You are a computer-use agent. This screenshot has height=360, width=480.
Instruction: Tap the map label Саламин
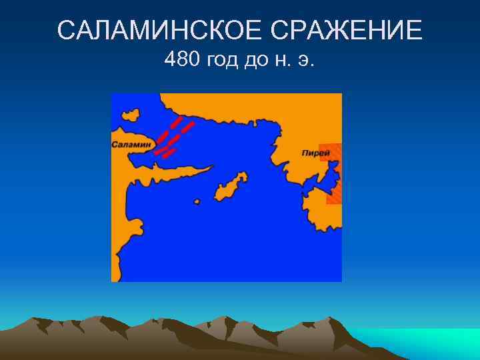[132, 144]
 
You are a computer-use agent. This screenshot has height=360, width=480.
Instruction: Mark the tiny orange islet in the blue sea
[196, 201]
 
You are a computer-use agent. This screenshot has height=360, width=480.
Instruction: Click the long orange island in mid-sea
[231, 186]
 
